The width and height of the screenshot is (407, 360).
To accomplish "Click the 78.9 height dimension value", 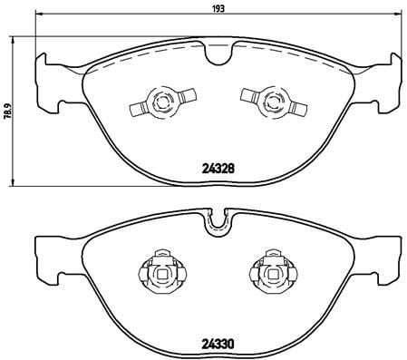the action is (9, 111).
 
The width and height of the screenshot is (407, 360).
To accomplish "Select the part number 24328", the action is (218, 169).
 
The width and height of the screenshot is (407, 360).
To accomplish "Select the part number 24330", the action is (218, 344).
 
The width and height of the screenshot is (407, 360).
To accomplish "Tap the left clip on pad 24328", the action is (163, 102).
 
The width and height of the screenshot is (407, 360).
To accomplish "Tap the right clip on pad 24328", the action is (274, 102).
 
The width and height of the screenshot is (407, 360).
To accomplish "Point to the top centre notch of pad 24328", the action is (218, 55).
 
